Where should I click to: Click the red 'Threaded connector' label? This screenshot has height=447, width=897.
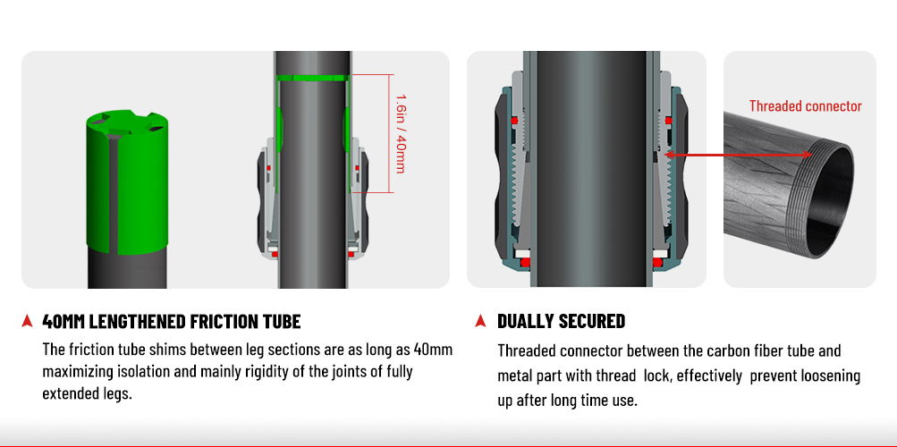click(805, 105)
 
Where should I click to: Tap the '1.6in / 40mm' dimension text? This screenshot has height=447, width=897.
click(400, 133)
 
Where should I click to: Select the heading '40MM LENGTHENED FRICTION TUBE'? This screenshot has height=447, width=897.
click(172, 321)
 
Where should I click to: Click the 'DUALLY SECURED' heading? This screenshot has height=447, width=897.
click(561, 321)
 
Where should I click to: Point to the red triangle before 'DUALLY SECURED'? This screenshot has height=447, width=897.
click(480, 321)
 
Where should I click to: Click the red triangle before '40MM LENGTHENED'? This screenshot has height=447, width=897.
click(26, 321)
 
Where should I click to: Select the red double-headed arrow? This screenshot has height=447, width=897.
click(738, 155)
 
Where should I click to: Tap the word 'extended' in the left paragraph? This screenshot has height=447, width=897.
click(66, 393)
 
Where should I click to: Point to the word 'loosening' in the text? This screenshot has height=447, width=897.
click(834, 376)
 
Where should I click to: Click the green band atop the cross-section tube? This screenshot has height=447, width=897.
click(312, 79)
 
